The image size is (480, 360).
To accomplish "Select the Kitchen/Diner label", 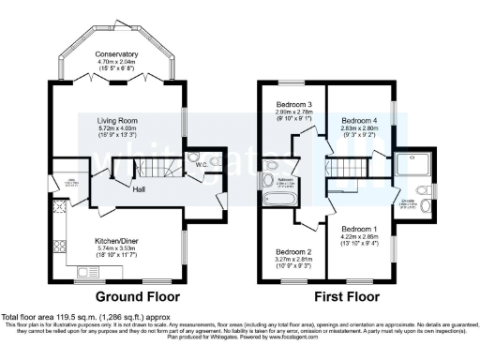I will click(x=117, y=241).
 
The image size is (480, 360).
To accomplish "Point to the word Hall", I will click(x=138, y=188).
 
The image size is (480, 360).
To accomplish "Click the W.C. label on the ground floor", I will click(x=200, y=166).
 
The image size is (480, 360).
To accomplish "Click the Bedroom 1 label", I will click(x=357, y=229).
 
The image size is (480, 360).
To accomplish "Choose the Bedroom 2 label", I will click(x=292, y=252).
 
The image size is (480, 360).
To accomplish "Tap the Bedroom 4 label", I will click(x=357, y=121).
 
